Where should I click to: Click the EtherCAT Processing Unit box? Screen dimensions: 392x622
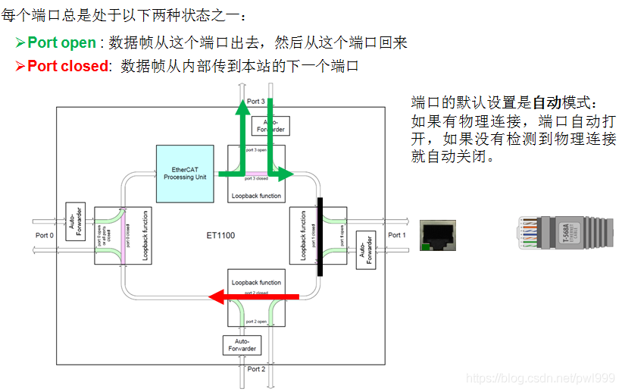[185, 174]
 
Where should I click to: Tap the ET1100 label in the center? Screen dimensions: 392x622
[220, 236]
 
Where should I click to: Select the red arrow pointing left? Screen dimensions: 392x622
[253, 296]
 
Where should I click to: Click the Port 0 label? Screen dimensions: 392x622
[45, 235]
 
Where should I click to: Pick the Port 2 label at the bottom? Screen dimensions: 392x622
[256, 369]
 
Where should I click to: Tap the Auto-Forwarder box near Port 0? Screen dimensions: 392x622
[75, 221]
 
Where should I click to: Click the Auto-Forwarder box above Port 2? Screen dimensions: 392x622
[242, 345]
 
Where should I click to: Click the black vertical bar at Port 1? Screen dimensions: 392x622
[320, 236]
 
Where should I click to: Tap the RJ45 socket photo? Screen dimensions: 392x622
[439, 235]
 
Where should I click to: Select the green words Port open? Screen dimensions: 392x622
[61, 42]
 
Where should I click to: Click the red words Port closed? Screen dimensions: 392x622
[67, 66]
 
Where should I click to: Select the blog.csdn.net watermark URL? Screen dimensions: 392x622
[540, 378]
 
